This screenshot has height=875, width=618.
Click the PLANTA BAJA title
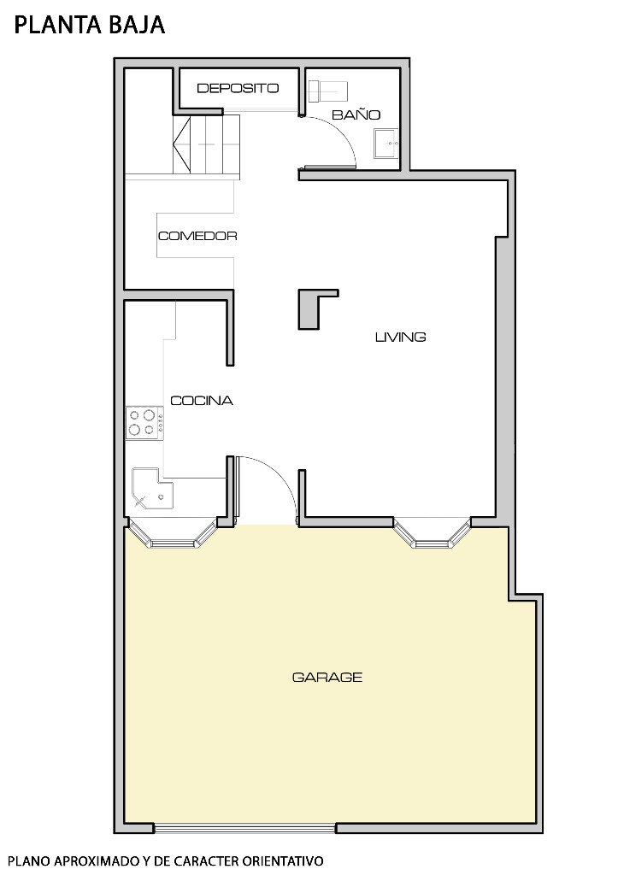click(89, 26)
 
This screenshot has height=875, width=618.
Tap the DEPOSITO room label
click(238, 88)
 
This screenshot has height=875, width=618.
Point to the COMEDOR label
click(197, 236)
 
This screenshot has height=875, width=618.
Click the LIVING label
click(400, 337)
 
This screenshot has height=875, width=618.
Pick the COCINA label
click(202, 400)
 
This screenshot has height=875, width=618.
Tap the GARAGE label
click(327, 677)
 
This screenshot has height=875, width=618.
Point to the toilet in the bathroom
click(330, 90)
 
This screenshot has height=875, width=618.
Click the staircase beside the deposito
click(206, 145)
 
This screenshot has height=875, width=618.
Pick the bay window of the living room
click(433, 533)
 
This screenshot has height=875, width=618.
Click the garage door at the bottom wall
click(244, 827)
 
